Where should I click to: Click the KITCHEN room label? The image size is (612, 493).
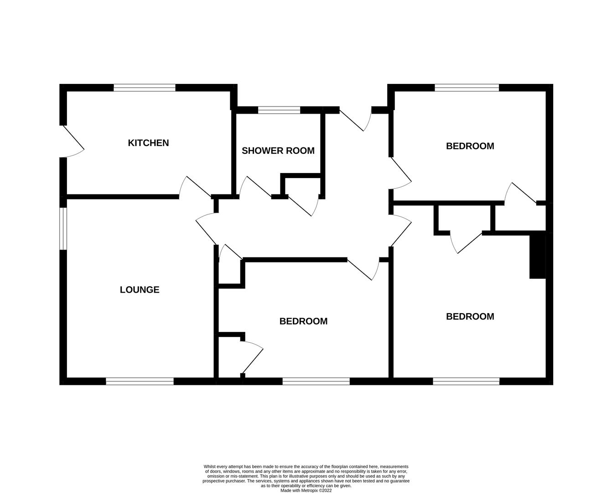(148, 142)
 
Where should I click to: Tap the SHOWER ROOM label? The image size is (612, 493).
(278, 151)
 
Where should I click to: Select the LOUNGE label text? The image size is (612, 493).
(140, 289)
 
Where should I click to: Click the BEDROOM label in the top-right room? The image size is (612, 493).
(470, 146)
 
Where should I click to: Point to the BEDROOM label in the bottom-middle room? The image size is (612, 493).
(303, 321)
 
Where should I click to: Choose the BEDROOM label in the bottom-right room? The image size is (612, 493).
(470, 316)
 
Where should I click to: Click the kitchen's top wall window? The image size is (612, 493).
(145, 88)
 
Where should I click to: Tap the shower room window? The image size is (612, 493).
(279, 110)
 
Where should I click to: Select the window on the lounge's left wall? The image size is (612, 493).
(63, 229)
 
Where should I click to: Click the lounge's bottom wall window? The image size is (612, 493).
(140, 382)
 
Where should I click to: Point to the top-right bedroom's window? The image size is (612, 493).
(467, 88)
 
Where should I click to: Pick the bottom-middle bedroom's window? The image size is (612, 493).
(316, 382)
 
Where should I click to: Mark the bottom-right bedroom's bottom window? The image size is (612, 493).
(466, 382)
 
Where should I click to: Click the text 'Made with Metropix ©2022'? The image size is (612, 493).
(306, 490)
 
